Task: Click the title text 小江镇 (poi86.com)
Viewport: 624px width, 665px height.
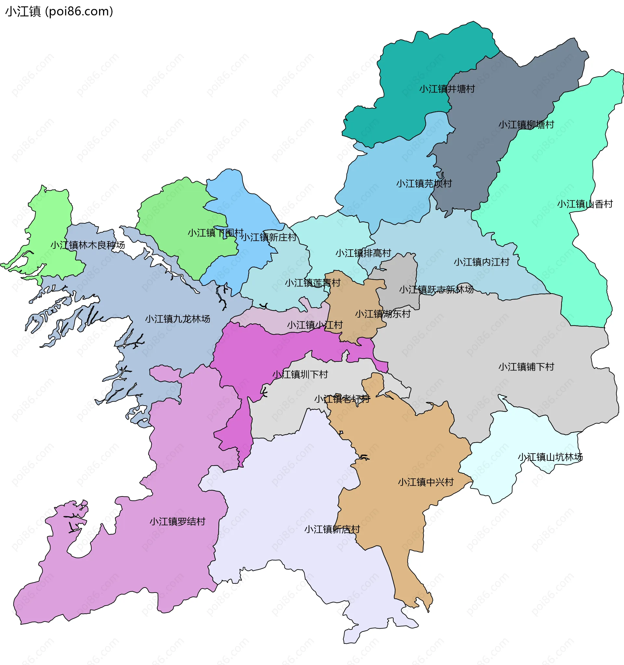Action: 59,12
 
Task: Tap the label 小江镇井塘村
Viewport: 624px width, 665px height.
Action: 447,89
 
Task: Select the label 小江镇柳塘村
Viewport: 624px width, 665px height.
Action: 526,125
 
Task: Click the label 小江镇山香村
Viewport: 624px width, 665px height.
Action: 585,204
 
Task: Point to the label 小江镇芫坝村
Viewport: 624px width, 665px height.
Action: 424,184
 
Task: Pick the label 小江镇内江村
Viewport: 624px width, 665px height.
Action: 481,262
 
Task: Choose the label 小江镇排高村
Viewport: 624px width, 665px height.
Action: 363,253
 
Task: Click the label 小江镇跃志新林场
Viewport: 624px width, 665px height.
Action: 436,289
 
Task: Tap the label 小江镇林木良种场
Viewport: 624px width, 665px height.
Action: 88,245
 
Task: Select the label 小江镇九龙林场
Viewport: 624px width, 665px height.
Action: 177,319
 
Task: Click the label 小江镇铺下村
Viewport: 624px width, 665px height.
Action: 526,367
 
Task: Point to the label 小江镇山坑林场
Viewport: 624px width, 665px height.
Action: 550,457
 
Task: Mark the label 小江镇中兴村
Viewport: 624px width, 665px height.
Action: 425,483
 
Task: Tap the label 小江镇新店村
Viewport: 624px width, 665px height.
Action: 332,530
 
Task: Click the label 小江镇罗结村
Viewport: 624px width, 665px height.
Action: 177,522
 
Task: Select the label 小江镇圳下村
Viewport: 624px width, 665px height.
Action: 300,375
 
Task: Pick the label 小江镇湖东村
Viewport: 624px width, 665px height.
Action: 383,314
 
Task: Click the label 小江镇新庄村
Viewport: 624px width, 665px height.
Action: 269,237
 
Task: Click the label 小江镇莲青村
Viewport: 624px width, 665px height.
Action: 313,283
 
